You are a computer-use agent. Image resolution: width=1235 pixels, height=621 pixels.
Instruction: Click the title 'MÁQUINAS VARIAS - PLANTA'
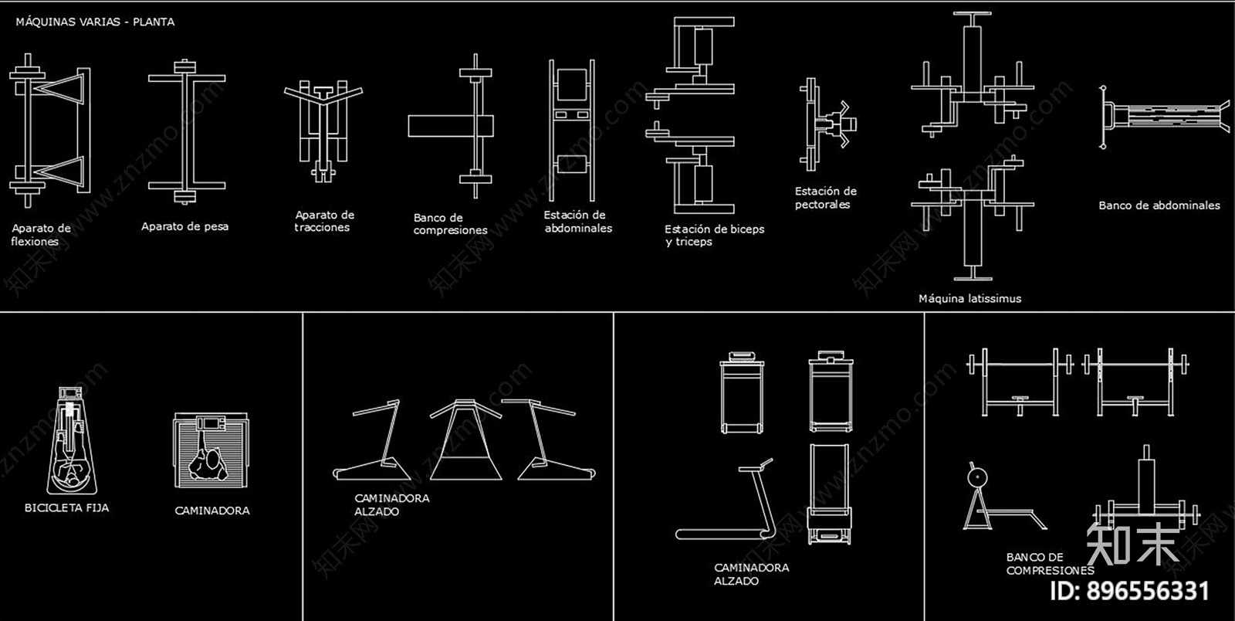(95, 22)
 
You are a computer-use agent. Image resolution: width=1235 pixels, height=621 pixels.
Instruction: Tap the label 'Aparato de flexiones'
(41, 235)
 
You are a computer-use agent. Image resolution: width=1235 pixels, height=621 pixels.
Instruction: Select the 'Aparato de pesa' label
(184, 226)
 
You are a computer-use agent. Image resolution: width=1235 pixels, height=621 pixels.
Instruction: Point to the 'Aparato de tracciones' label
(324, 221)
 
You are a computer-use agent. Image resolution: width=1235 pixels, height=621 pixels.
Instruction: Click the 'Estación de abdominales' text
(578, 222)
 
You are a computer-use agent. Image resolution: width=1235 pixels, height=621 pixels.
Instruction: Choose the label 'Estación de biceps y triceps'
(715, 236)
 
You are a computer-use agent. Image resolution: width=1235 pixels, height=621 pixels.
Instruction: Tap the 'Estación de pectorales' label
(825, 198)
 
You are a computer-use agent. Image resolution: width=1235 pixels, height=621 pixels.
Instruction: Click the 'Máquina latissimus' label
(969, 299)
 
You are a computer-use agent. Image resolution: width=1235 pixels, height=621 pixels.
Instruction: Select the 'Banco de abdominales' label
(1159, 205)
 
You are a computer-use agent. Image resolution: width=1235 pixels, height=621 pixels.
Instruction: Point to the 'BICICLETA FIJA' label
(66, 508)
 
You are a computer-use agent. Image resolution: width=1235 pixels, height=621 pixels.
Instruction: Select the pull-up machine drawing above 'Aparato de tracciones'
(323, 131)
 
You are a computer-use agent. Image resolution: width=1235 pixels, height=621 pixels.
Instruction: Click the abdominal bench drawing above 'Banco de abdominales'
(1165, 117)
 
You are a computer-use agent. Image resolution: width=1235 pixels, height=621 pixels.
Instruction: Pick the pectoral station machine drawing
(827, 124)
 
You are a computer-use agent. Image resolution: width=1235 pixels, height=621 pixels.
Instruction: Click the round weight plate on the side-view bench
(977, 477)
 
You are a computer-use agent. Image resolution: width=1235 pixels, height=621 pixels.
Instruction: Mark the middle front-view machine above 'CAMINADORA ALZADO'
(465, 439)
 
